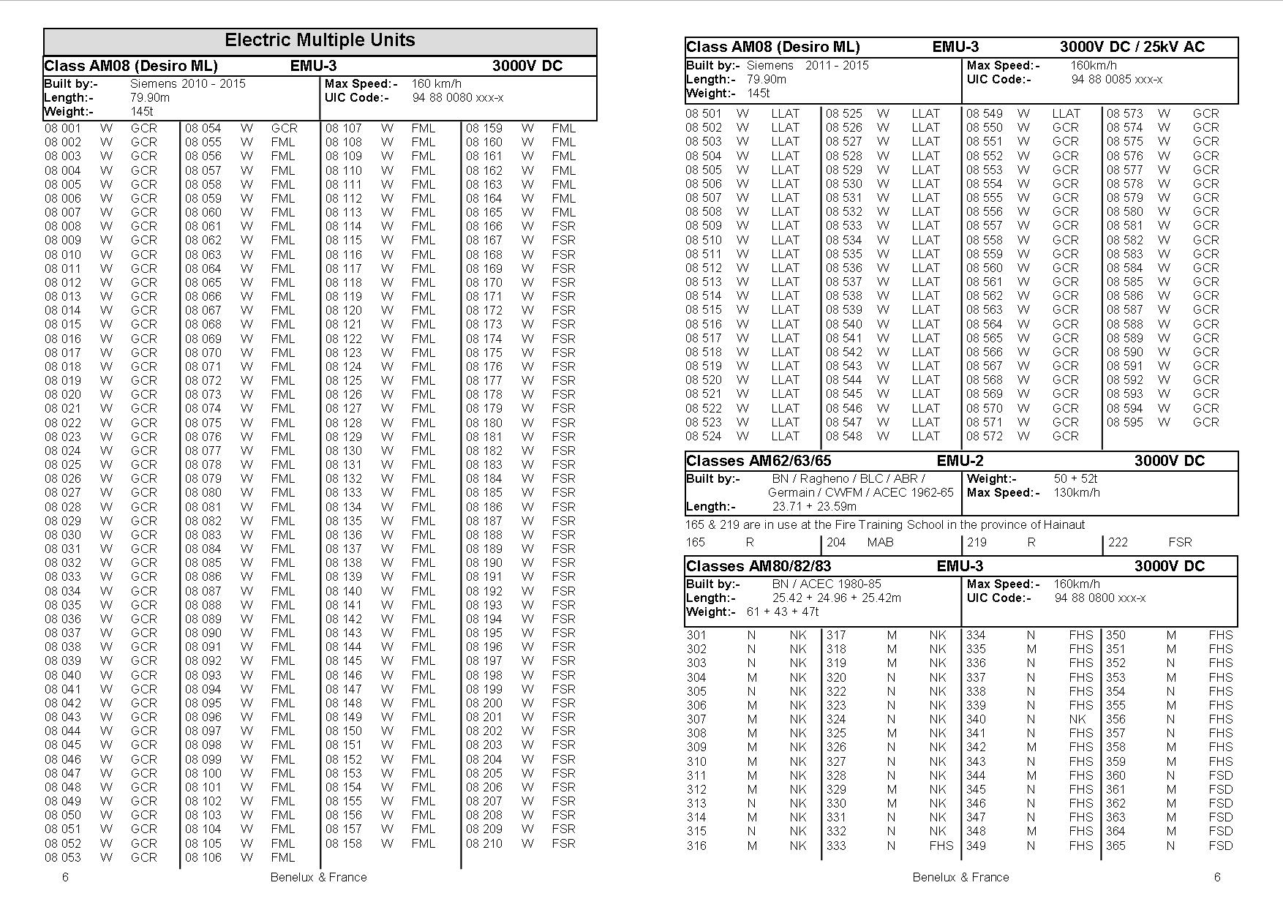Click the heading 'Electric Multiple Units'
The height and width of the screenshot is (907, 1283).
(320, 40)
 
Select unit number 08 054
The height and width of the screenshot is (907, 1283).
(203, 128)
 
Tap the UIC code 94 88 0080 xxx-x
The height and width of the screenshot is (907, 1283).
(457, 98)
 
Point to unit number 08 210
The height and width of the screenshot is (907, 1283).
(484, 843)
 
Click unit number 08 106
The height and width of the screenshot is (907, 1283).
(203, 857)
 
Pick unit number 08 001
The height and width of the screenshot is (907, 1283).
(62, 128)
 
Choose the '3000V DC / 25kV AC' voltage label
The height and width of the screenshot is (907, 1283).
(1132, 47)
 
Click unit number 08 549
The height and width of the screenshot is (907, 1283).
(984, 113)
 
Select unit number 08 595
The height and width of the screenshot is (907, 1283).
(1124, 422)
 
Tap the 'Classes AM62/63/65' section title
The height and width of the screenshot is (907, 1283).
(758, 461)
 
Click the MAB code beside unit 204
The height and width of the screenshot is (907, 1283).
(880, 542)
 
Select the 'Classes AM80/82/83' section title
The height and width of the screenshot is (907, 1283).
(758, 566)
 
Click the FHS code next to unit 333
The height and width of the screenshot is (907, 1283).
(941, 846)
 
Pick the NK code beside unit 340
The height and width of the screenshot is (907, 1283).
(1077, 719)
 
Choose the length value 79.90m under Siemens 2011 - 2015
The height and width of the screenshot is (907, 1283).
(766, 79)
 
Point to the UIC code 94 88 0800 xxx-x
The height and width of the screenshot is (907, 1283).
(1099, 598)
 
